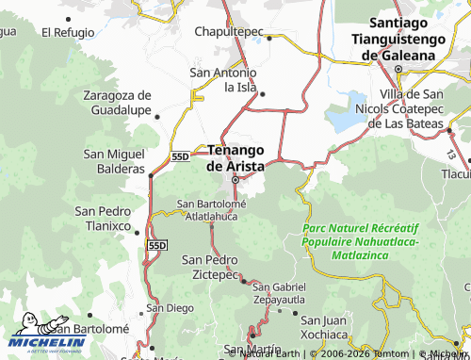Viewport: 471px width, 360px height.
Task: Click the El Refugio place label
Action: pos(68,31)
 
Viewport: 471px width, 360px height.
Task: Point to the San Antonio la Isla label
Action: pos(223,79)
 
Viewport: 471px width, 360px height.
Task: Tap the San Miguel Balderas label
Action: pos(114,161)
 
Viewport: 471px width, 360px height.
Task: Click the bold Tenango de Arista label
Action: pos(242,157)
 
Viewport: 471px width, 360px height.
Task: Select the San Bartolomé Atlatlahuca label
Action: pos(212,209)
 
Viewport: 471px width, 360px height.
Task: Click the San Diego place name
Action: pos(171,307)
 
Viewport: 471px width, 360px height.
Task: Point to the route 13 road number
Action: pos(451,153)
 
